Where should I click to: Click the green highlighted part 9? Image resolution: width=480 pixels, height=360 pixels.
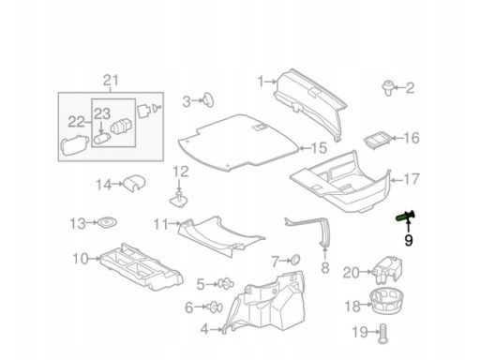[406, 217]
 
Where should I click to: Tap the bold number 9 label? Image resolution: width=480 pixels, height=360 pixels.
[409, 240]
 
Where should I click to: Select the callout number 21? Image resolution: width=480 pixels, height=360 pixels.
[111, 80]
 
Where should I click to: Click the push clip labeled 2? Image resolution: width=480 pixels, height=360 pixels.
[388, 88]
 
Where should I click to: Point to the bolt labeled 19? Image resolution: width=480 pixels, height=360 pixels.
[383, 334]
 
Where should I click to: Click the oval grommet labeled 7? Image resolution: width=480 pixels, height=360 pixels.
[295, 260]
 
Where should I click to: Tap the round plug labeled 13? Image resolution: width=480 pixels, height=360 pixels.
[107, 222]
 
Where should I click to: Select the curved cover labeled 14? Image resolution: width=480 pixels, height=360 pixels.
[135, 184]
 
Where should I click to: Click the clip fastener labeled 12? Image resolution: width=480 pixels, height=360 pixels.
[178, 201]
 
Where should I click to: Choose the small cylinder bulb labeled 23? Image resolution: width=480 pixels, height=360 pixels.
[101, 138]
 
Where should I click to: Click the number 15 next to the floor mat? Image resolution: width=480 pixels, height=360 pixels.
[319, 148]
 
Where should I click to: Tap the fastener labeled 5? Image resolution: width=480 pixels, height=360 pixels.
[226, 283]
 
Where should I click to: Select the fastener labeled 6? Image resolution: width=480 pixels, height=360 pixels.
[215, 307]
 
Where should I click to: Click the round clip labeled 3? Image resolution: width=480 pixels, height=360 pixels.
[207, 100]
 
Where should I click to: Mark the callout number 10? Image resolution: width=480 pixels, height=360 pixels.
[81, 259]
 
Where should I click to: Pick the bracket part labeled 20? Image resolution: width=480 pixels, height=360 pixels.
[387, 269]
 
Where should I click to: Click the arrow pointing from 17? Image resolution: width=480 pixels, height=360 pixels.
[396, 180]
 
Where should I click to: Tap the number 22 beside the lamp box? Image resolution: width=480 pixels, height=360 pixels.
[76, 122]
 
